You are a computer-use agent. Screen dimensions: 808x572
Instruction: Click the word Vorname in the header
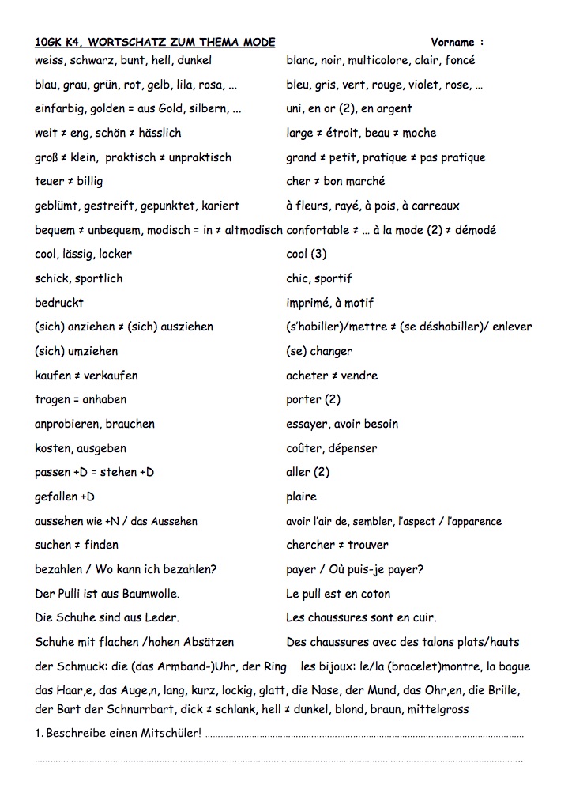click(x=453, y=42)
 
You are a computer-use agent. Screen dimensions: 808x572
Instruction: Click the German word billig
click(x=90, y=181)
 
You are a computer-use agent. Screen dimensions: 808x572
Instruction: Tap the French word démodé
click(x=497, y=230)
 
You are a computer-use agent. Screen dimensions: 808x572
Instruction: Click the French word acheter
click(x=307, y=376)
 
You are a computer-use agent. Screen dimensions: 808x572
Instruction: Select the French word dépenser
click(x=353, y=448)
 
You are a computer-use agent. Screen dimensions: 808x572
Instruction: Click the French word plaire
click(x=301, y=497)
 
